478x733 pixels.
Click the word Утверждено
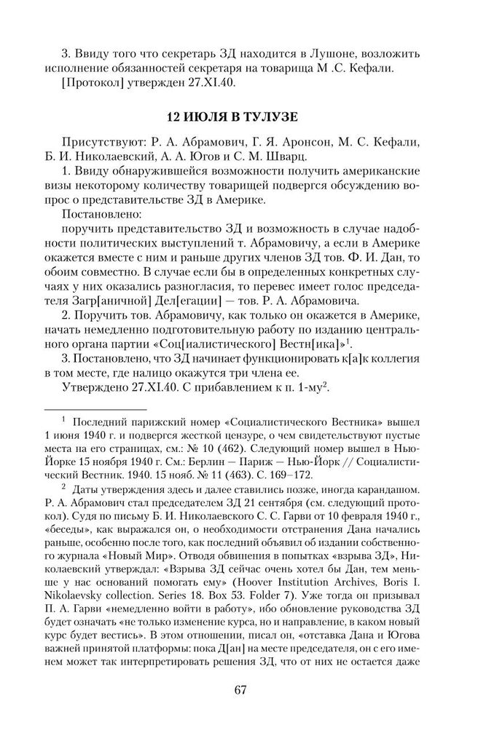101,388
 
